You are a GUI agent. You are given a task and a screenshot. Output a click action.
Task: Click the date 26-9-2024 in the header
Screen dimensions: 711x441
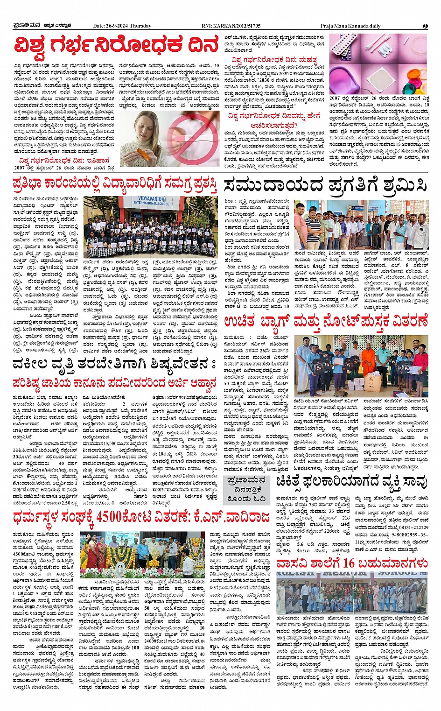tap(122, 26)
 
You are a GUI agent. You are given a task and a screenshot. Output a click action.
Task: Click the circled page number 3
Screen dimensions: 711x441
tap(425, 26)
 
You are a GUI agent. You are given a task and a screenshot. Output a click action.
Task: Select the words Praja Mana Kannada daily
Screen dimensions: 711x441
tap(350, 26)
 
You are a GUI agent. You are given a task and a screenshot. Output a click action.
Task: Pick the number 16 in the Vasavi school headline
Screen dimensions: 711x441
tap(348, 563)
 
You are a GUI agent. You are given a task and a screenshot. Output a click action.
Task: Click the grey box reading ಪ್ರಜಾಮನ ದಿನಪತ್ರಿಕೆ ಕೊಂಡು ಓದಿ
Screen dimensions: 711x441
tap(246, 489)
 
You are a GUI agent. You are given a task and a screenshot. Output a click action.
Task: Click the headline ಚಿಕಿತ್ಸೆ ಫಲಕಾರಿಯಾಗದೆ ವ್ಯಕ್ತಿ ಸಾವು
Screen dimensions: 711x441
tap(351, 482)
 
